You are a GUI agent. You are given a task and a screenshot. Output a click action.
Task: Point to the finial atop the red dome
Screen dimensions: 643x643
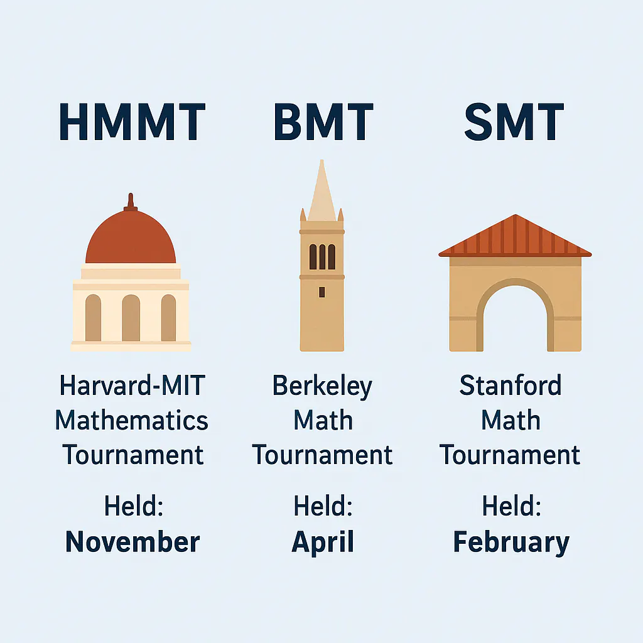[x=131, y=201]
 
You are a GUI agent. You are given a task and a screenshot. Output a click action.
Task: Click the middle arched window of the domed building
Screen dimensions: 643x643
[x=131, y=318]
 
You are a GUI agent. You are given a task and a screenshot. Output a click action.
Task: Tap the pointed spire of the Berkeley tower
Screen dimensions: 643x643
[x=321, y=188]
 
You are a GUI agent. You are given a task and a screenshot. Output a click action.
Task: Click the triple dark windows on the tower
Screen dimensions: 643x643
[x=321, y=256]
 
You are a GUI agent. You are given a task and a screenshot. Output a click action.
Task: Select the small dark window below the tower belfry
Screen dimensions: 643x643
[x=321, y=291]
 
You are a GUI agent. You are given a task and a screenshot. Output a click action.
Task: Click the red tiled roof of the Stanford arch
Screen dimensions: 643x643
[x=515, y=237]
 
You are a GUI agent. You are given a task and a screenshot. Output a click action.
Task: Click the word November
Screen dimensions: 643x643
[x=132, y=541]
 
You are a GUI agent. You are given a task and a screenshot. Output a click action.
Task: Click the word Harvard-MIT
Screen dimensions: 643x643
[x=132, y=386]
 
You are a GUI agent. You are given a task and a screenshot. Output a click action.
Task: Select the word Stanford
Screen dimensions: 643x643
[x=511, y=386]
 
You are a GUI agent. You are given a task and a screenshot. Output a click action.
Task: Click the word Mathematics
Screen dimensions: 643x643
[x=132, y=420]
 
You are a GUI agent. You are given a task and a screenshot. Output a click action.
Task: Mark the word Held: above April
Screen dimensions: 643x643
[x=323, y=506]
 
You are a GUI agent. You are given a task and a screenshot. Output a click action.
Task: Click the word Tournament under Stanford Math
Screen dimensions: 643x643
[x=510, y=455]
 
